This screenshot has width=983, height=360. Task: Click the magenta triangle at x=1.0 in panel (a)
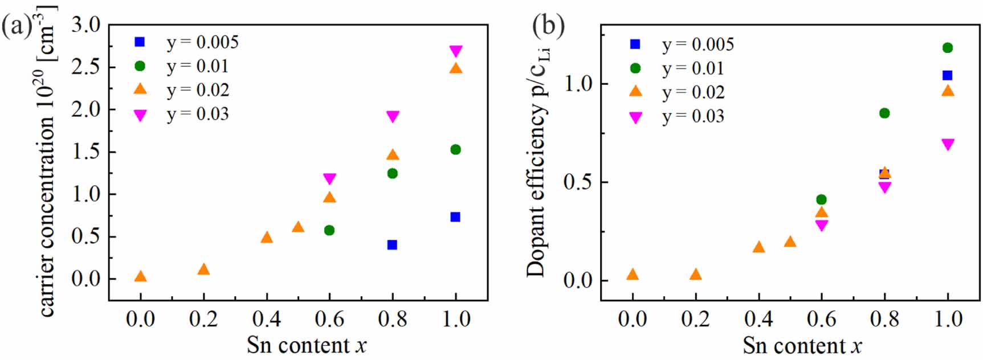click(455, 51)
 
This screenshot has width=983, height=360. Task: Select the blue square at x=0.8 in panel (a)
click(392, 245)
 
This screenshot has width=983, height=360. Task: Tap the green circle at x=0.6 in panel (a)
click(329, 230)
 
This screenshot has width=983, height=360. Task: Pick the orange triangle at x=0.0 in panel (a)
click(140, 277)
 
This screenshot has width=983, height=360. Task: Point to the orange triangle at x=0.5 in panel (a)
click(298, 227)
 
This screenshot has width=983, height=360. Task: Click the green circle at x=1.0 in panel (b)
click(947, 48)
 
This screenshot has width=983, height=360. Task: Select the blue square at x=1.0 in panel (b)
click(947, 75)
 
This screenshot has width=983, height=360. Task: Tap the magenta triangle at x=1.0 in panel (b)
click(947, 145)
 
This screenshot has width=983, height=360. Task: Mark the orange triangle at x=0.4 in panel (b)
click(758, 247)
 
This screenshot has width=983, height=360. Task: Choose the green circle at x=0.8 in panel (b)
click(884, 113)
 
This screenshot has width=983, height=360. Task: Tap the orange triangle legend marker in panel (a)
click(140, 89)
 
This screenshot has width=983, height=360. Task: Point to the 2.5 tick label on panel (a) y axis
click(85, 67)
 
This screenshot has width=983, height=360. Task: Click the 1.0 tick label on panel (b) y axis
click(578, 84)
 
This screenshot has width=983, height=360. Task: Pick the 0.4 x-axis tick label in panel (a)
click(266, 319)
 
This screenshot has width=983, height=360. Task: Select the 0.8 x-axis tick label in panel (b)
click(884, 319)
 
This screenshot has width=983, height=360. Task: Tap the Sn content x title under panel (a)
click(307, 345)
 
